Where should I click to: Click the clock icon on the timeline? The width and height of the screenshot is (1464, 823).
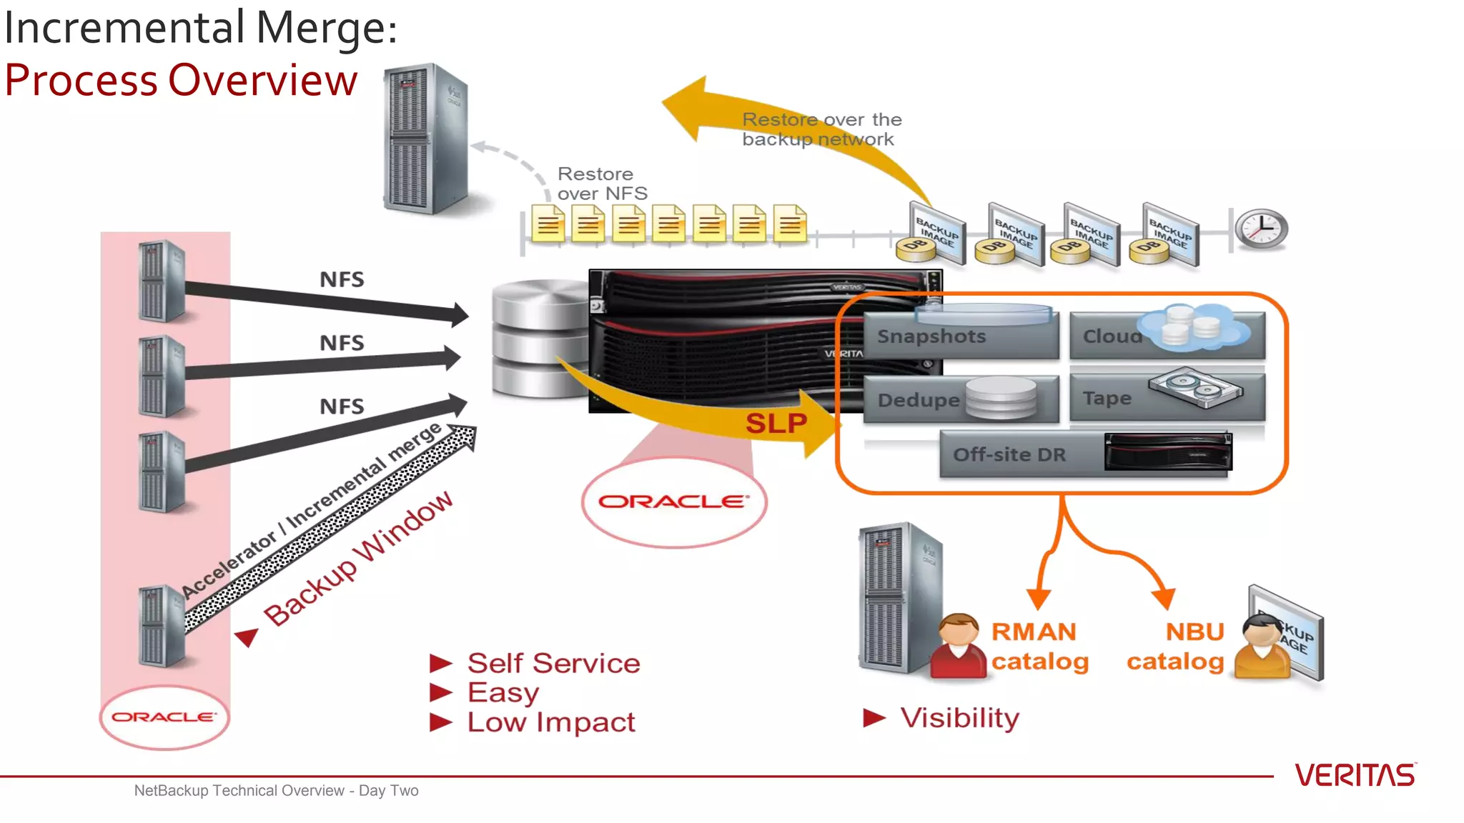pos(1262,229)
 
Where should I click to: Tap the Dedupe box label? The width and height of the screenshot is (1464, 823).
pos(919,400)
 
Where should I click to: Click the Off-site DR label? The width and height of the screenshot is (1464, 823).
pos(1009,455)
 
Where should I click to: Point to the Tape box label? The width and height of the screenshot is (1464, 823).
pos(1107,399)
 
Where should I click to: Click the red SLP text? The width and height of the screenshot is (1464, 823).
pos(776,424)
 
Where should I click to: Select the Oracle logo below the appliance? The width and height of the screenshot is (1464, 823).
pos(674,502)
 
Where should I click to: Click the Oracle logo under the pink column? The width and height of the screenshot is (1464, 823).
pos(164,717)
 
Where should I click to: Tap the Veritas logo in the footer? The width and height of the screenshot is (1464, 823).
pos(1355,775)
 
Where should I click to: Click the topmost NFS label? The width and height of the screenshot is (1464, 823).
pos(342,279)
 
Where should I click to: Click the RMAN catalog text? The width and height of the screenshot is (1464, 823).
pos(1039,647)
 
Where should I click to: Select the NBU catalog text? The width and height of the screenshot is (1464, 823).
pos(1177,647)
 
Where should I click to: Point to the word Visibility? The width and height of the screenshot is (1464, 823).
pos(959,718)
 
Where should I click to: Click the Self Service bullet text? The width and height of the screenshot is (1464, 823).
pos(553,663)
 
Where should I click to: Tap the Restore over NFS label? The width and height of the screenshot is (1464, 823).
pos(602,184)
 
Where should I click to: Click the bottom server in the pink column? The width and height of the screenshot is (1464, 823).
pos(162,626)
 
